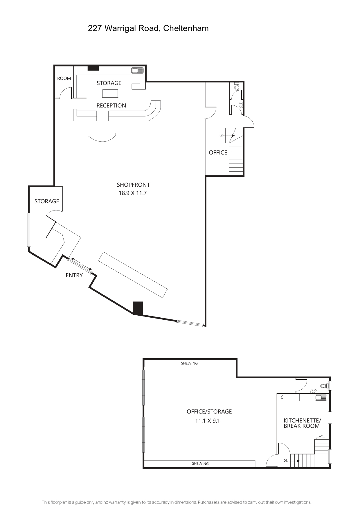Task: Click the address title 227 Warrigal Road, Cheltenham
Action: pyautogui.click(x=148, y=28)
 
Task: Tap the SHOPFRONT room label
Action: pyautogui.click(x=133, y=185)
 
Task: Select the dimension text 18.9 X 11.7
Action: pyautogui.click(x=133, y=193)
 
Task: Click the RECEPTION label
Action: pyautogui.click(x=111, y=105)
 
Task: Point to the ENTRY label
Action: pyautogui.click(x=74, y=275)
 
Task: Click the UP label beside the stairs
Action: pyautogui.click(x=222, y=136)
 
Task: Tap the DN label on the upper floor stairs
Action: pyautogui.click(x=286, y=461)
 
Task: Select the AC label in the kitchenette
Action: pyautogui.click(x=321, y=436)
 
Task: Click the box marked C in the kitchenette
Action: pyautogui.click(x=282, y=397)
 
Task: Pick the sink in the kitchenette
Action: pyautogui.click(x=321, y=398)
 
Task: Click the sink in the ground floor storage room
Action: pyautogui.click(x=137, y=71)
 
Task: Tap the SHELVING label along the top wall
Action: pyautogui.click(x=189, y=363)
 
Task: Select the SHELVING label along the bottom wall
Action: pyautogui.click(x=200, y=463)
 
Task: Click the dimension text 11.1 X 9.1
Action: pyautogui.click(x=208, y=421)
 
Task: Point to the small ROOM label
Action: pyautogui.click(x=64, y=78)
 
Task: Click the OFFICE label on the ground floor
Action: pyautogui.click(x=218, y=152)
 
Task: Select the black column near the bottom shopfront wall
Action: pyautogui.click(x=138, y=308)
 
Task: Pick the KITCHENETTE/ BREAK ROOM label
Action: pyautogui.click(x=302, y=423)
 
